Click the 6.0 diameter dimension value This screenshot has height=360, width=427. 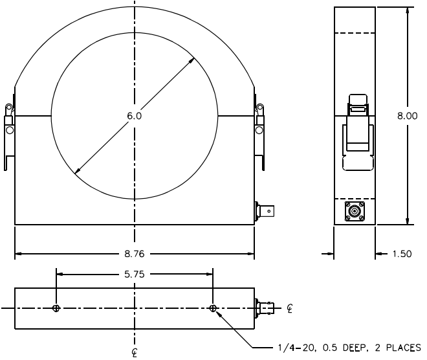[x=135, y=116]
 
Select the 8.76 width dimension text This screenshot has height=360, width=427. [x=135, y=254]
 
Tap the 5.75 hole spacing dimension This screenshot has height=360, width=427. [x=135, y=274]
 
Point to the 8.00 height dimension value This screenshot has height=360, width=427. [x=407, y=116]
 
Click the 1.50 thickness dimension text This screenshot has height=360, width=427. [x=402, y=254]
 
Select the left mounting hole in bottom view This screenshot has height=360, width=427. [x=56, y=308]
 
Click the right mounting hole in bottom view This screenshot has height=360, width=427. [x=213, y=308]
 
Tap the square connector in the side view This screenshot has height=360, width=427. [x=355, y=211]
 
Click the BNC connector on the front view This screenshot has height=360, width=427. [x=265, y=211]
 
